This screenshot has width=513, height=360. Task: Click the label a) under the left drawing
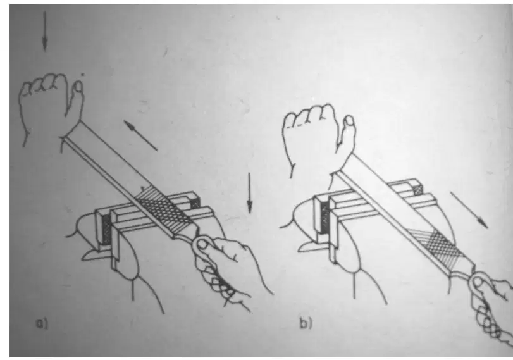(x=42, y=324)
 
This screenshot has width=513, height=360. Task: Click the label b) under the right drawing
(x=306, y=323)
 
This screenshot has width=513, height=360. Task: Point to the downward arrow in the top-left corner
(x=45, y=32)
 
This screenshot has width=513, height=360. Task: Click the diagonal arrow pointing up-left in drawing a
(x=140, y=135)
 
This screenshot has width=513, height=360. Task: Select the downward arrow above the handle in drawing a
(x=250, y=193)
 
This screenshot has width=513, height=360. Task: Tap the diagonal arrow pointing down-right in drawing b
(x=469, y=210)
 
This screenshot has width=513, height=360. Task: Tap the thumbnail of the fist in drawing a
(x=78, y=87)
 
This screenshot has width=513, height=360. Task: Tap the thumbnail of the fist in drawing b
(x=349, y=120)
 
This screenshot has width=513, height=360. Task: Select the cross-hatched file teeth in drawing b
(x=439, y=245)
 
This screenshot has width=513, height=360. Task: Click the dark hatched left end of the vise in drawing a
(x=107, y=230)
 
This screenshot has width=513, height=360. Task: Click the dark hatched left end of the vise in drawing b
(x=324, y=217)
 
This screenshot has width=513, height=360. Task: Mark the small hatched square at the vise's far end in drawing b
(x=417, y=190)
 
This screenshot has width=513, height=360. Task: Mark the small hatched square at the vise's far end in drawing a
(x=195, y=204)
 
